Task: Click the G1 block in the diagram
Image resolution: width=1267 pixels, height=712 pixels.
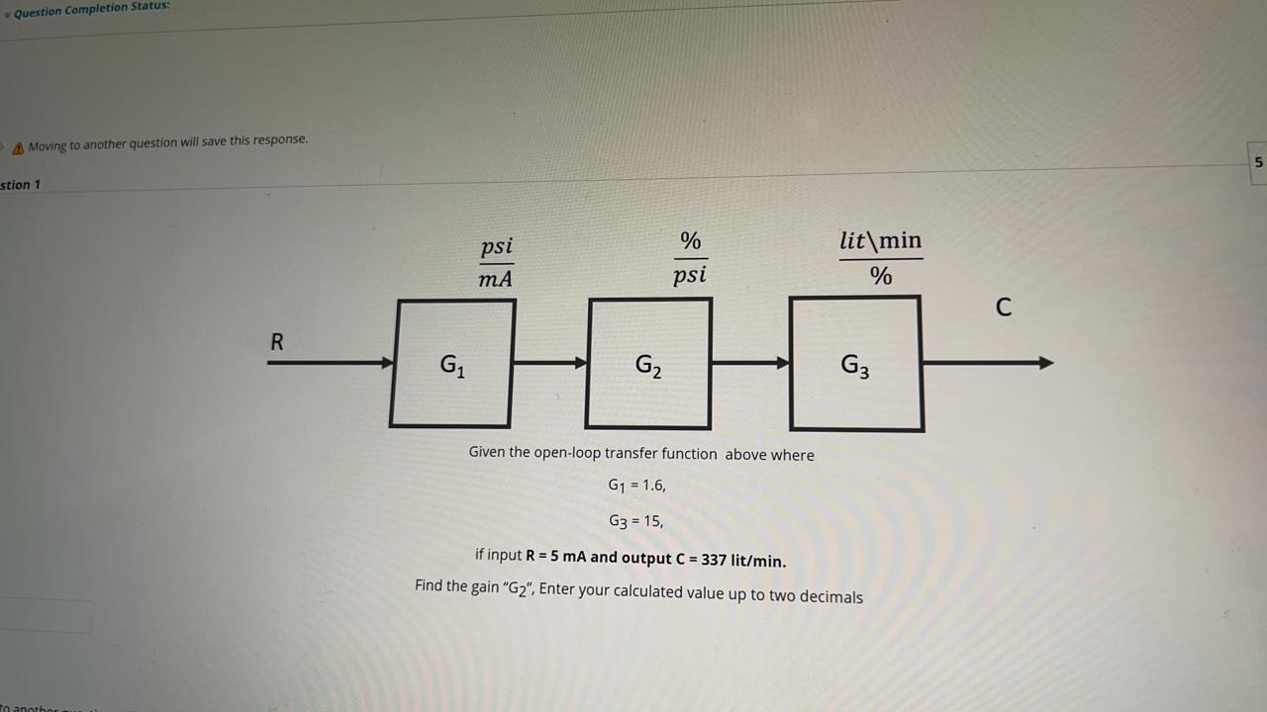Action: point(451,364)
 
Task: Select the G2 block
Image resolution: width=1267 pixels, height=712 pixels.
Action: point(648,364)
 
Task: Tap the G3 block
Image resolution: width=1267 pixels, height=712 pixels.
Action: point(856,364)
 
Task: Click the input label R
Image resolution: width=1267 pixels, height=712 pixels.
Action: point(277,342)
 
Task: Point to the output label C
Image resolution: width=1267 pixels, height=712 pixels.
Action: point(1004,308)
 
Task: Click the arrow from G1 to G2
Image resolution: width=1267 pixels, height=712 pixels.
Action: point(550,363)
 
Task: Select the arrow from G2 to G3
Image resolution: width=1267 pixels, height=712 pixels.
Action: point(750,363)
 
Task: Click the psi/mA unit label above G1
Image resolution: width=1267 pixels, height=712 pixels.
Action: point(496,262)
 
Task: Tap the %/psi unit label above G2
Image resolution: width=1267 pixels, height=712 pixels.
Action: point(690,257)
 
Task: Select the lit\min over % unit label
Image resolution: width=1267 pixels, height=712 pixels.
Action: point(880,258)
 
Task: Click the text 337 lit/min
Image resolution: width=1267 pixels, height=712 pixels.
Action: point(743,561)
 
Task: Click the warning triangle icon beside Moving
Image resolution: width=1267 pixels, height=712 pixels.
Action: point(18,147)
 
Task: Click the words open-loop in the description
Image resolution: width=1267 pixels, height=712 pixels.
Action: point(567,453)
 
